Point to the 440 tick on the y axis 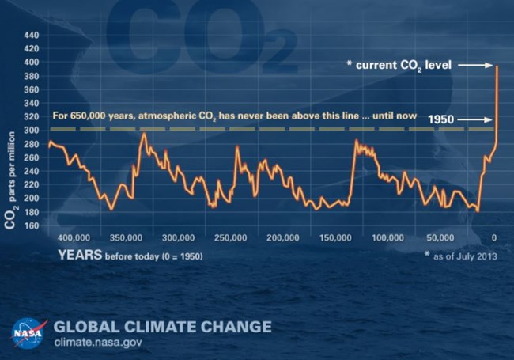[32, 36]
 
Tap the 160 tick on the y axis [32, 225]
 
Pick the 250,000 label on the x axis [228, 238]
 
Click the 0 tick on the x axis [494, 238]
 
